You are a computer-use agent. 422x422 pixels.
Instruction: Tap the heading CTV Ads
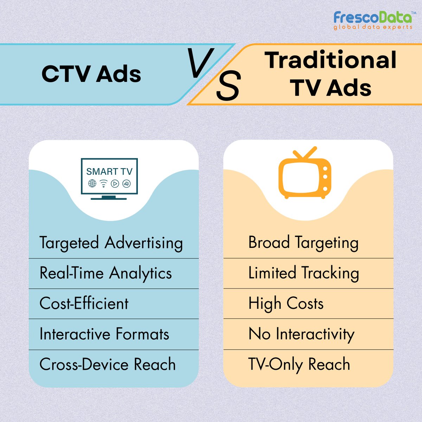pyautogui.click(x=91, y=74)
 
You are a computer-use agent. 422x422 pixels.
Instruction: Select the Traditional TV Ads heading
pyautogui.click(x=331, y=74)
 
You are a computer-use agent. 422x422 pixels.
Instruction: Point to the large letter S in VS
pyautogui.click(x=228, y=86)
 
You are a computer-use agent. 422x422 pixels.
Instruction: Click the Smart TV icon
pyautogui.click(x=109, y=179)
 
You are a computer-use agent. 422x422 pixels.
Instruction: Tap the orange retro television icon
pyautogui.click(x=305, y=174)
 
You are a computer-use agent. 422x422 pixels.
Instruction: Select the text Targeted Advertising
pyautogui.click(x=111, y=243)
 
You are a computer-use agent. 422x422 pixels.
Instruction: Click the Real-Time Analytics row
pyautogui.click(x=105, y=273)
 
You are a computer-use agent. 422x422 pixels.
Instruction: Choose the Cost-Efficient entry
pyautogui.click(x=84, y=303)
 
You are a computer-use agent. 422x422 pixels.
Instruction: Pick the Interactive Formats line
pyautogui.click(x=104, y=334)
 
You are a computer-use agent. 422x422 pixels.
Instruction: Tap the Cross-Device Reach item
pyautogui.click(x=107, y=364)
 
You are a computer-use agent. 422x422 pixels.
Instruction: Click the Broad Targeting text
pyautogui.click(x=303, y=243)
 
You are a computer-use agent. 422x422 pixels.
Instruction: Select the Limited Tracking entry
pyautogui.click(x=303, y=273)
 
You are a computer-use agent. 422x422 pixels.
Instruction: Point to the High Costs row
pyautogui.click(x=286, y=303)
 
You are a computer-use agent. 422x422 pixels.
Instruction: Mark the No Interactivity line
pyautogui.click(x=301, y=334)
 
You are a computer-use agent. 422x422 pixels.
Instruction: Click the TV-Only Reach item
pyautogui.click(x=299, y=364)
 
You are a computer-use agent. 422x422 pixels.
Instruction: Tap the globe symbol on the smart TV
pyautogui.click(x=92, y=183)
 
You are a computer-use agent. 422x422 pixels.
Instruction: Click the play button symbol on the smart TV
pyautogui.click(x=115, y=183)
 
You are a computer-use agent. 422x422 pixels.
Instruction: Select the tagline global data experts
pyautogui.click(x=373, y=27)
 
